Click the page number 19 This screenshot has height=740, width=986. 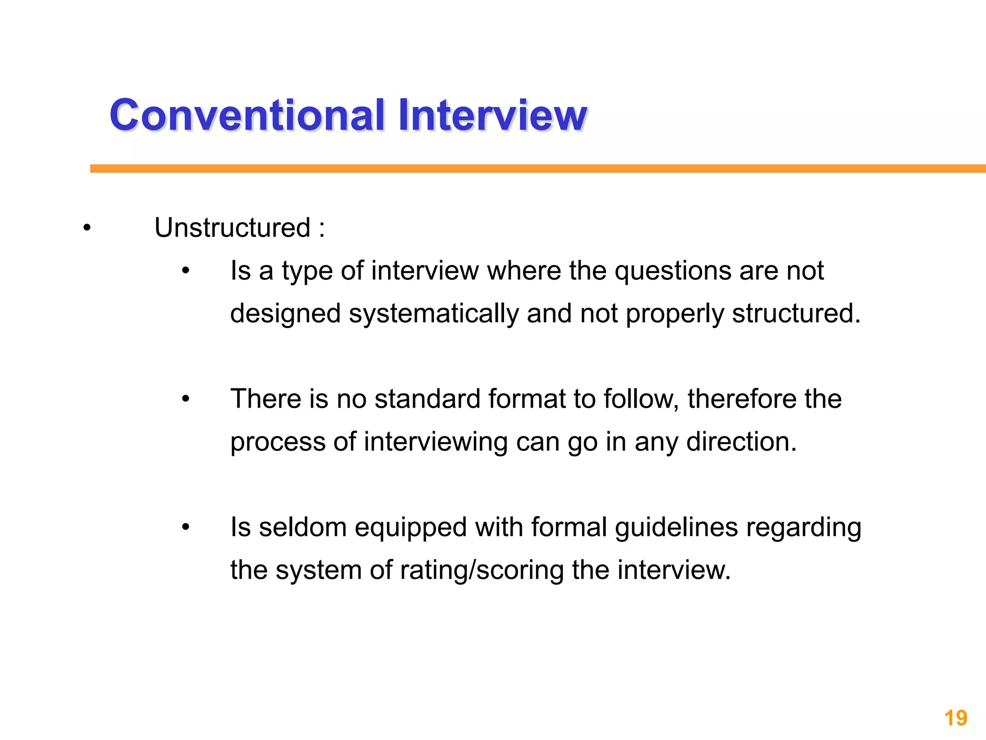(x=956, y=718)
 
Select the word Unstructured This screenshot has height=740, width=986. (x=232, y=227)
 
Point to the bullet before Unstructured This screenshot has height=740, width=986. (x=87, y=228)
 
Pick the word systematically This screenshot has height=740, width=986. (x=433, y=314)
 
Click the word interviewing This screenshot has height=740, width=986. (x=435, y=442)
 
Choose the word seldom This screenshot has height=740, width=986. (x=303, y=527)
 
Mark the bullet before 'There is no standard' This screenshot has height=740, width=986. (x=186, y=399)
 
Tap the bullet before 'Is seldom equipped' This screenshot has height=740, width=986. (x=186, y=528)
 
